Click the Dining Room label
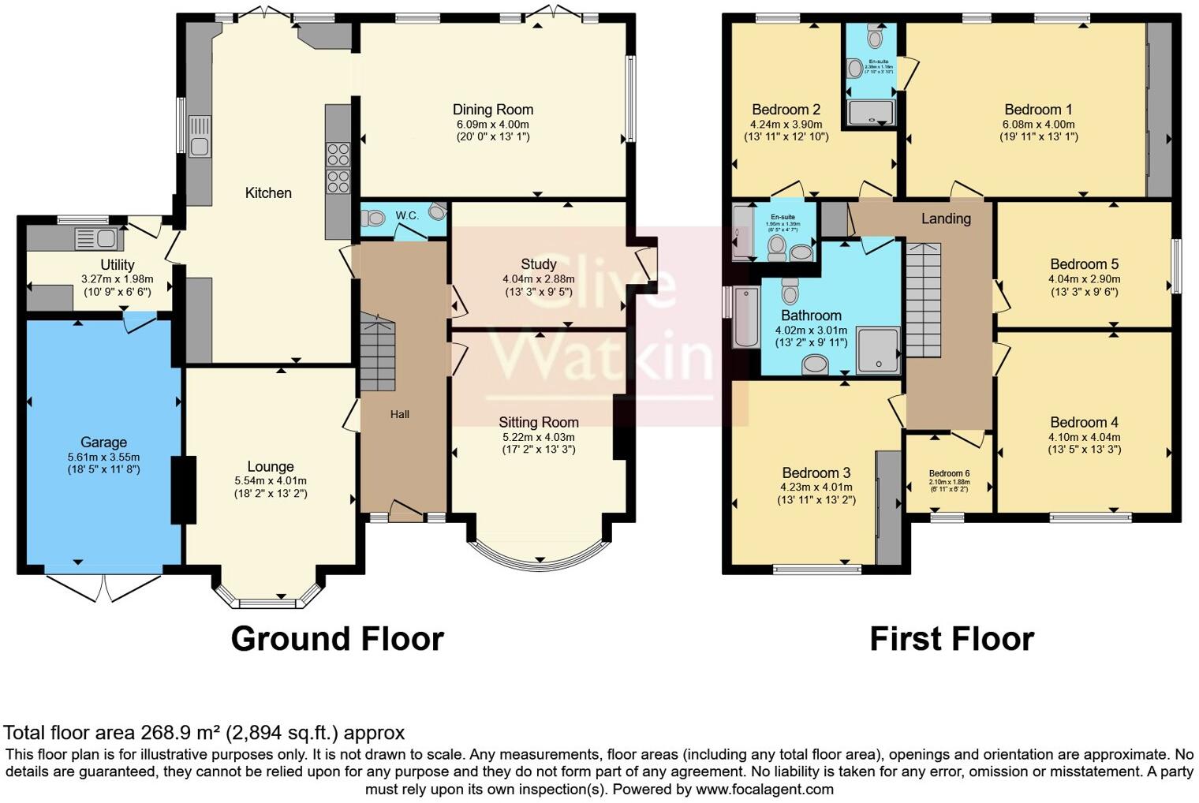pyautogui.click(x=492, y=110)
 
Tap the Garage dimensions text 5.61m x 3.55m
pyautogui.click(x=103, y=457)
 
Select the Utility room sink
pyautogui.click(x=95, y=238)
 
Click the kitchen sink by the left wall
pyautogui.click(x=200, y=136)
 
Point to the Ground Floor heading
pyautogui.click(x=337, y=639)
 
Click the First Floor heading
pyautogui.click(x=951, y=639)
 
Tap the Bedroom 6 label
pyautogui.click(x=949, y=473)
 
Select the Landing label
pyautogui.click(x=946, y=218)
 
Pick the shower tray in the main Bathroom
pyautogui.click(x=877, y=349)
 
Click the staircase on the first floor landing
pyautogui.click(x=923, y=300)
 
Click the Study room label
pyautogui.click(x=538, y=264)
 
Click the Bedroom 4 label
pyautogui.click(x=1084, y=423)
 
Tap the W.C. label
pyautogui.click(x=407, y=215)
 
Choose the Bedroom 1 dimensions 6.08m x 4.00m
pyautogui.click(x=1038, y=124)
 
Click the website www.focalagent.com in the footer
pyautogui.click(x=764, y=789)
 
